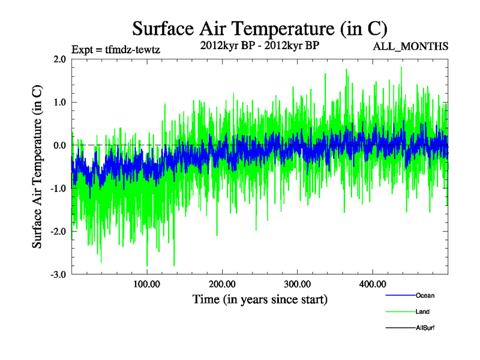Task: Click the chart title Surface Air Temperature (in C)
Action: pos(260,28)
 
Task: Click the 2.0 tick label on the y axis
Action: pos(59,59)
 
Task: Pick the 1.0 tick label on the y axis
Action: pos(59,102)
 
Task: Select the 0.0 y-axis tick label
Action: pos(59,145)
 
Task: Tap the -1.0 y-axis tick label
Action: pos(58,188)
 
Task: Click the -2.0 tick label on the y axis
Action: pos(58,232)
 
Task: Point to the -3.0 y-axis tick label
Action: pos(58,275)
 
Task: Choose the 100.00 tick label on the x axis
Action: pos(147,284)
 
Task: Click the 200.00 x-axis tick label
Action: pos(222,284)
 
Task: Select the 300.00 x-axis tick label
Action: pos(297,284)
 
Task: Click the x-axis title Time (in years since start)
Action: pos(260,299)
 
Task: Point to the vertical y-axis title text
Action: pos(37,167)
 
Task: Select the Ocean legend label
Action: pos(425,295)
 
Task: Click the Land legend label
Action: pos(422,312)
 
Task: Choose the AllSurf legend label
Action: pos(425,328)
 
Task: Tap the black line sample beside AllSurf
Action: pos(400,328)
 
